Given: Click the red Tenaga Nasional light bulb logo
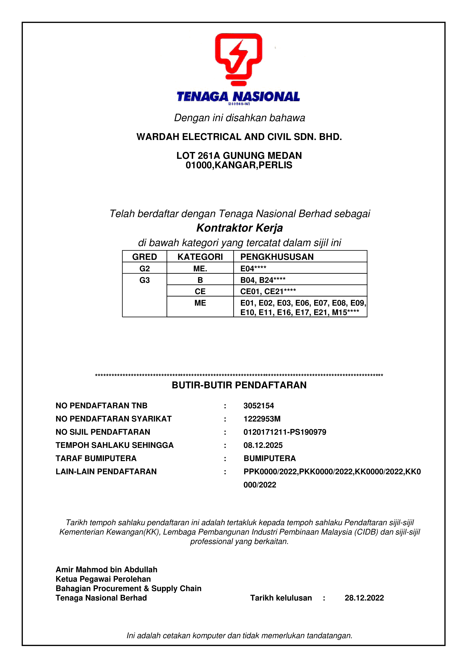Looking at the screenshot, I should click(238, 59).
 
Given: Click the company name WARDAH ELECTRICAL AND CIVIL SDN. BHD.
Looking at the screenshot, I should click(239, 137).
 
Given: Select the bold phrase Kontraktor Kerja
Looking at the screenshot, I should click(239, 228).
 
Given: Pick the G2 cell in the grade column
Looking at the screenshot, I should click(144, 269).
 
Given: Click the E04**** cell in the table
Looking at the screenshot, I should click(253, 269).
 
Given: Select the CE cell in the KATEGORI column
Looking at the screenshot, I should click(200, 291).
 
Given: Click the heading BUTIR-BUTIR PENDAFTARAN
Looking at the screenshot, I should click(239, 385).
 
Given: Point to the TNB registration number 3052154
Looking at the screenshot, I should click(259, 406).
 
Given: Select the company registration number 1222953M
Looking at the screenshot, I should click(262, 419).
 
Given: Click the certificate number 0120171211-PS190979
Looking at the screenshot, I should click(285, 432).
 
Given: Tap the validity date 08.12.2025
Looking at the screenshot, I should click(263, 445).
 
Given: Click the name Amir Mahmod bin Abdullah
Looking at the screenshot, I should click(106, 569).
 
